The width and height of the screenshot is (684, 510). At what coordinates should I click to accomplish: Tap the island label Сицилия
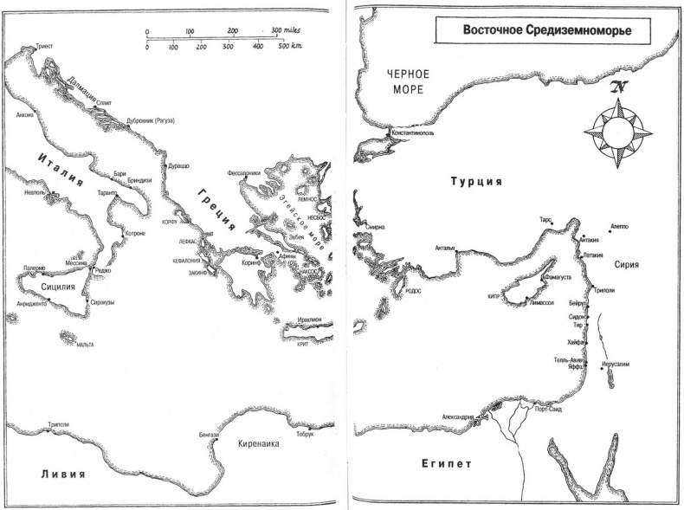(x=57, y=284)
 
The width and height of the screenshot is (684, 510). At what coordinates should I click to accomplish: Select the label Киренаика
(x=259, y=442)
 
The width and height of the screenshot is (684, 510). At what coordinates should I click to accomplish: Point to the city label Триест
(x=42, y=40)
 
